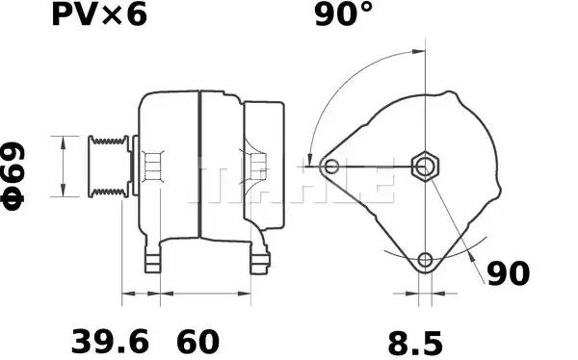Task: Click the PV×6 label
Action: [99, 14]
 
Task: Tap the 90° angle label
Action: [344, 14]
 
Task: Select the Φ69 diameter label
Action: [13, 176]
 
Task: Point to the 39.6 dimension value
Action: [110, 342]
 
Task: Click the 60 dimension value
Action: [197, 342]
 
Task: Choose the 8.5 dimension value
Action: [415, 343]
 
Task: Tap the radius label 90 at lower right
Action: [509, 273]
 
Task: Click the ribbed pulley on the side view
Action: [108, 167]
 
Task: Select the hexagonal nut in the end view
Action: [426, 167]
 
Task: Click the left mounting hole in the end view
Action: [331, 167]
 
